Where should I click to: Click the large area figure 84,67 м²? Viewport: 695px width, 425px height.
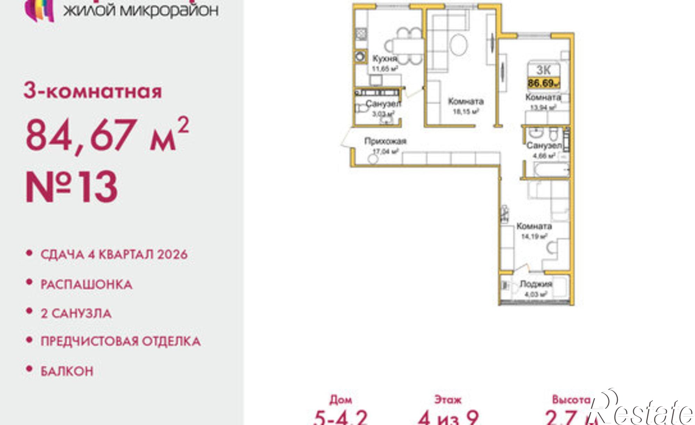[107, 135]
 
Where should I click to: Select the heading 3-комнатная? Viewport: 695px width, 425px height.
[93, 91]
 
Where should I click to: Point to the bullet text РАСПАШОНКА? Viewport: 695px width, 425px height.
[87, 285]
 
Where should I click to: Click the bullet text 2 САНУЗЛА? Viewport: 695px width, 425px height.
[76, 313]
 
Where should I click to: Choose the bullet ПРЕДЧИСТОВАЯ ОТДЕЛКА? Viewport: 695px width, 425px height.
[121, 341]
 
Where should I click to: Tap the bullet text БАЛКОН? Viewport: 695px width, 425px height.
[67, 371]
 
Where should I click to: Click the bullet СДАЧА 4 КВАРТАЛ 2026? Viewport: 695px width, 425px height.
[114, 254]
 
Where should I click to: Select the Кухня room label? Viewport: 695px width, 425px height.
[384, 58]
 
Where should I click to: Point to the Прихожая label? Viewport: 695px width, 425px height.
[385, 141]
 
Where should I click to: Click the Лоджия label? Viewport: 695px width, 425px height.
[535, 284]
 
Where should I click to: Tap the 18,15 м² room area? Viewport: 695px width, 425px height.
[466, 111]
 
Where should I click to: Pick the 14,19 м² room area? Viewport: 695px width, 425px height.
[534, 236]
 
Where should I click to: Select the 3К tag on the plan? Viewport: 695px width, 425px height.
[543, 70]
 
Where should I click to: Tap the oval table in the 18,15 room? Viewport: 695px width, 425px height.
[459, 44]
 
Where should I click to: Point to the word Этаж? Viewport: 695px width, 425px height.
[448, 400]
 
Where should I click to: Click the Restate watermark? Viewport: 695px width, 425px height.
[643, 410]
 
